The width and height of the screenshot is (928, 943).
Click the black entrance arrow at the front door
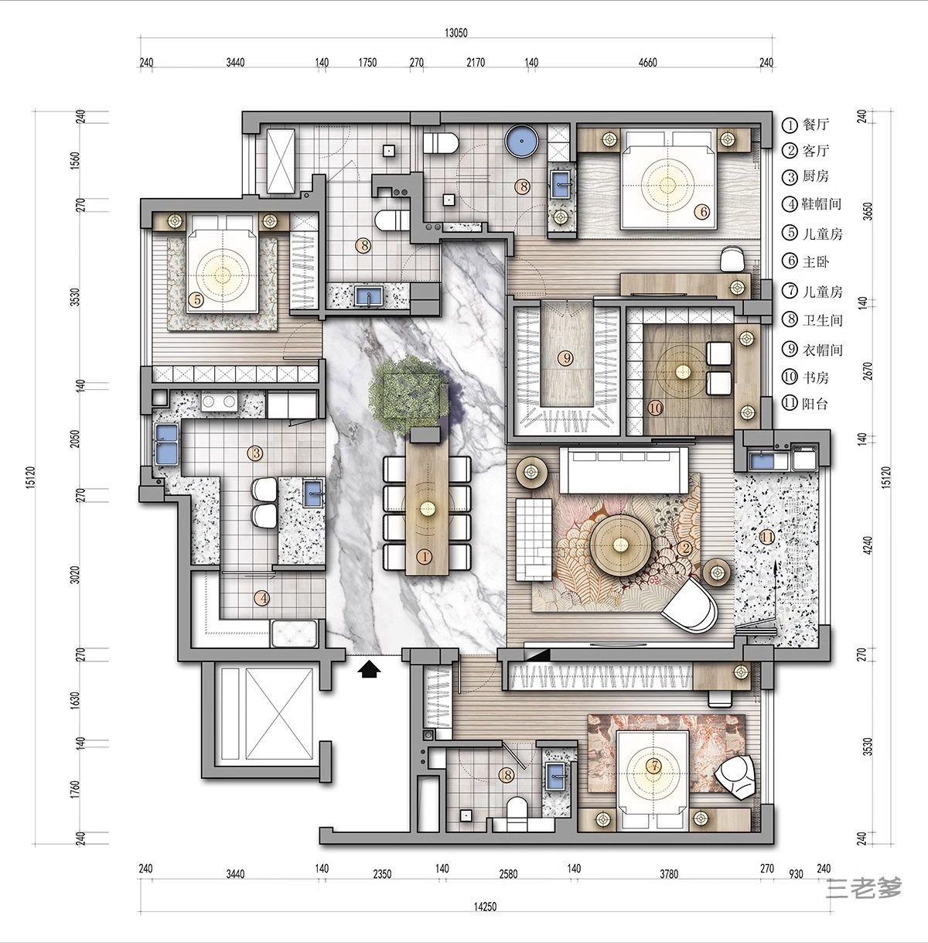coord(370,669)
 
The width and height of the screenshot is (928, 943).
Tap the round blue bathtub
coord(521,141)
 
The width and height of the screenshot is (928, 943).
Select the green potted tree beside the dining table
coord(408,396)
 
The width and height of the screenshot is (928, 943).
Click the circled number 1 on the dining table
coord(424,556)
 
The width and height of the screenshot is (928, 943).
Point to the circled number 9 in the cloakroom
coord(567,358)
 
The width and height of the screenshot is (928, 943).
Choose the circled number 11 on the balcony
coord(768,538)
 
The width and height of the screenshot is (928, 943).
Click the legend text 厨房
coord(816,176)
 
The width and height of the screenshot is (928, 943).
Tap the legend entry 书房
coord(816,378)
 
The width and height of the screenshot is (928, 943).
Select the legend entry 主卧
coord(816,261)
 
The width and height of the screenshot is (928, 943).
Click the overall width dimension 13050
coord(456,32)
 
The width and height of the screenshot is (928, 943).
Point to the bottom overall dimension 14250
coord(485,907)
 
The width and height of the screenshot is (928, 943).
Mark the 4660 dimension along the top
coord(648,63)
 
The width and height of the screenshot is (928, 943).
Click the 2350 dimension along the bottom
coord(382,873)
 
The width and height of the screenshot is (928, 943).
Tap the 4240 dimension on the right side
coord(868,546)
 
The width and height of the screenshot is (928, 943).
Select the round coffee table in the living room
coord(621,544)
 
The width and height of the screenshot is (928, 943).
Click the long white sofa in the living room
coord(625,470)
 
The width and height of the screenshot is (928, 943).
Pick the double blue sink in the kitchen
coord(166,444)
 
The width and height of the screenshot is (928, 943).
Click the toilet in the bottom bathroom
coord(517,813)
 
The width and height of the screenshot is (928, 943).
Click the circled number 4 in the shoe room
coord(263,598)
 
